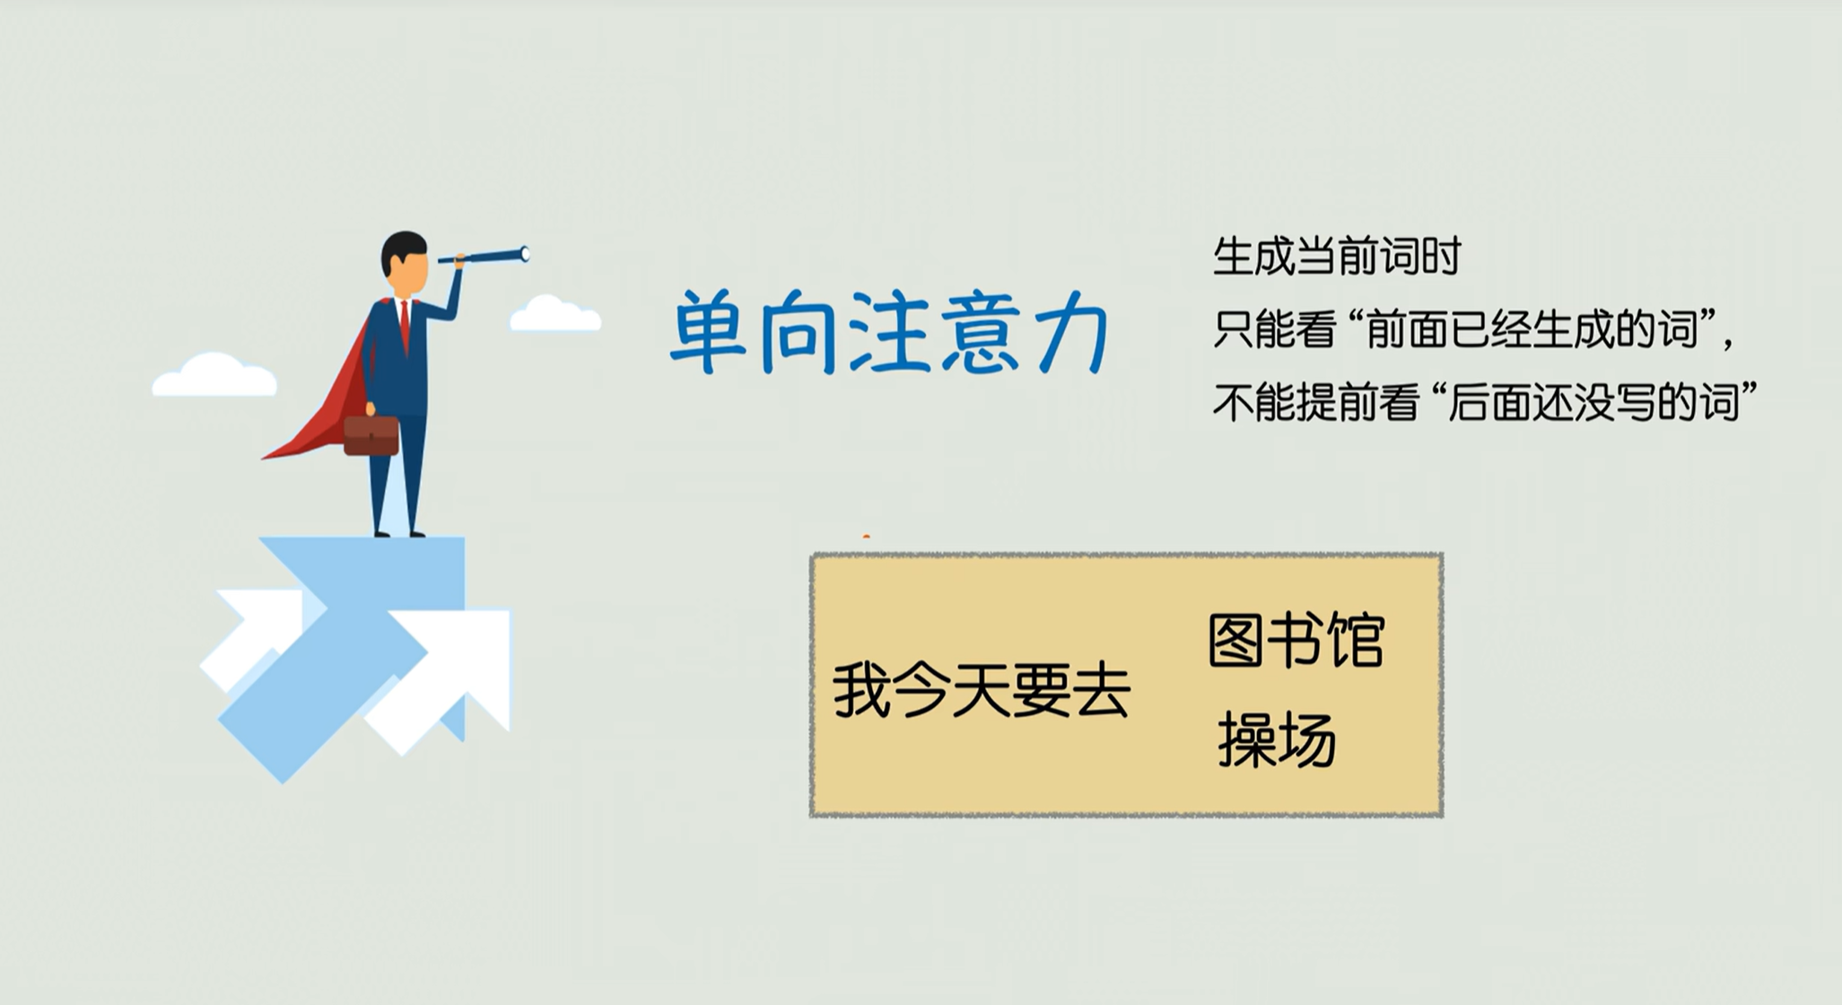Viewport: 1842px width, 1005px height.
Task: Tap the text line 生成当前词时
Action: [x=1337, y=257]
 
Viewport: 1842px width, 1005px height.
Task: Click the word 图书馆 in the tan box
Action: [x=1296, y=641]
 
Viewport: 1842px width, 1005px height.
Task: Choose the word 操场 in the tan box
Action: [x=1277, y=740]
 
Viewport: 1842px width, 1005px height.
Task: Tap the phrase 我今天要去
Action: [x=981, y=691]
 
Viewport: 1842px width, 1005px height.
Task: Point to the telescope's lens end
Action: [x=525, y=255]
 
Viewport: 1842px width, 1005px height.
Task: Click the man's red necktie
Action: [x=406, y=325]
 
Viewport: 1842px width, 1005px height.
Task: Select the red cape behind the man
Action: [x=323, y=395]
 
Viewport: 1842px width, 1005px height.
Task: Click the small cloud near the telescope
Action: [x=554, y=313]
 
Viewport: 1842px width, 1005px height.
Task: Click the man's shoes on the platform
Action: [x=399, y=534]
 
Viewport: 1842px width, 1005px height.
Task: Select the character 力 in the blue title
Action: [x=1072, y=335]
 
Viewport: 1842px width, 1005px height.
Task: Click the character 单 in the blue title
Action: [x=709, y=331]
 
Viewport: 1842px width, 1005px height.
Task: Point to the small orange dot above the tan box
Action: [x=866, y=537]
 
